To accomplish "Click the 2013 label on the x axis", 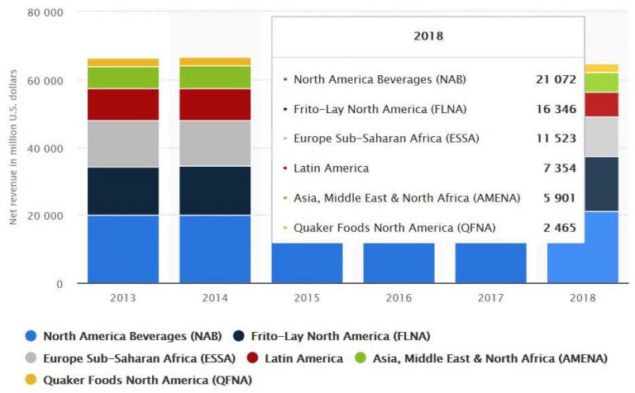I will coord(123,296).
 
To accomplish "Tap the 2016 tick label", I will coord(399,296).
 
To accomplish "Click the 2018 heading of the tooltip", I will coord(427,36).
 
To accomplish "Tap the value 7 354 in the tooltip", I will coord(559,168).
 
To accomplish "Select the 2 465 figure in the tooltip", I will coord(559,227).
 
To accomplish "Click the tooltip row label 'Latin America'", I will coord(331,168).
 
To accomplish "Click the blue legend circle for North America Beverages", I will coord(31,336).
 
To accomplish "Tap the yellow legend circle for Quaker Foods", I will coord(31,381).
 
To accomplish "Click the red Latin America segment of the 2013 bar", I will coord(123,104).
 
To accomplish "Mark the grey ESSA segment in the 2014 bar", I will coord(215,144).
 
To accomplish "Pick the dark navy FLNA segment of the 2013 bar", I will coord(123,191).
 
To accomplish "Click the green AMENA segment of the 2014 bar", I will coord(215,77).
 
